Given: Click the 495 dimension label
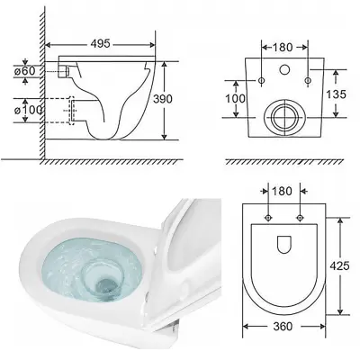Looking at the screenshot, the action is [101, 44].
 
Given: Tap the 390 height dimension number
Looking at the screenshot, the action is [163, 99].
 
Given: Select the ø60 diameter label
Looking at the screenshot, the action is [24, 71].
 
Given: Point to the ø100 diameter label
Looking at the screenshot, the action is [28, 110].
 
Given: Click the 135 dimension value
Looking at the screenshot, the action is [336, 94].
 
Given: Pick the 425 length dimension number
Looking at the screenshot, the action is [339, 265].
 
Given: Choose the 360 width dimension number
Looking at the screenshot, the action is [283, 326].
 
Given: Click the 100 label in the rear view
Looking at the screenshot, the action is [236, 98].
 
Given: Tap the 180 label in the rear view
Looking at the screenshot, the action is [283, 47].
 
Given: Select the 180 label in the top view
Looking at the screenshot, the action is [282, 191].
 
